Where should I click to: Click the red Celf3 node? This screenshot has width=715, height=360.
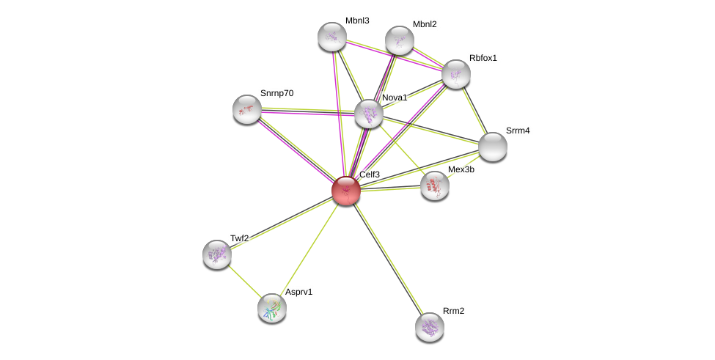[x=345, y=191]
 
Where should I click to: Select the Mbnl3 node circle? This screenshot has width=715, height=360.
[x=331, y=37]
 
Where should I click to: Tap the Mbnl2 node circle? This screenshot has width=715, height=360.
[x=399, y=40]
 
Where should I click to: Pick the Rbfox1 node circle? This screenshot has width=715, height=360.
[x=455, y=73]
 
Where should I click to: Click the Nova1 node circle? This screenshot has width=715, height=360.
[x=368, y=114]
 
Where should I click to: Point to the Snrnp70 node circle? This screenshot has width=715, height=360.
[x=247, y=109]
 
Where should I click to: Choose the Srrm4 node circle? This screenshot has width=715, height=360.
[x=493, y=146]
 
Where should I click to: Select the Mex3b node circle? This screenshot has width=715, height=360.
[x=435, y=185]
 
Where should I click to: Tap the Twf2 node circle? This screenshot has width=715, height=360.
[x=217, y=254]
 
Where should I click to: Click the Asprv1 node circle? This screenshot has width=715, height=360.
[x=271, y=308]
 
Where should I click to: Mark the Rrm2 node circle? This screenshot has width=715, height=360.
[x=429, y=326]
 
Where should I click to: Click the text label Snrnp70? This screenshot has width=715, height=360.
[x=276, y=93]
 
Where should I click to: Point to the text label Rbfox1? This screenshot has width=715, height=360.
[x=483, y=58]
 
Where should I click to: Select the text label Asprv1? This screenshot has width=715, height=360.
[x=298, y=292]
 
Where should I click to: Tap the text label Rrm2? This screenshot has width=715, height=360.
[x=453, y=311]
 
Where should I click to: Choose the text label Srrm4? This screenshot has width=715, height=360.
[x=518, y=131]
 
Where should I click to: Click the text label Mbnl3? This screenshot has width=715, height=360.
[x=357, y=21]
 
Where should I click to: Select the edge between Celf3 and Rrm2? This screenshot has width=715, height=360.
[x=387, y=258]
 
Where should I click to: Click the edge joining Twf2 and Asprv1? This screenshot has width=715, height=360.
[x=244, y=282]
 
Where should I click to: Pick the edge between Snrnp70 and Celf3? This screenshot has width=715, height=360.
[x=296, y=150]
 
